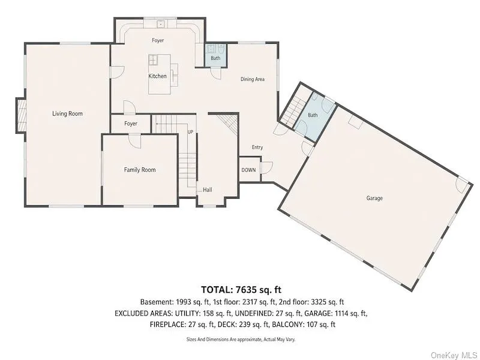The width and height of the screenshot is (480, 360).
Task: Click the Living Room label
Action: pos(67,113)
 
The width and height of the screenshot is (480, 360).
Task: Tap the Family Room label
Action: pos(140,170)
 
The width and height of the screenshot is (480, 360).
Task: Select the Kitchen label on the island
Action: pos(157,76)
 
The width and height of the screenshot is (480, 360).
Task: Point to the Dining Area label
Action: pos(252,79)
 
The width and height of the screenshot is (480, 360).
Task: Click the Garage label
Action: pos(374,198)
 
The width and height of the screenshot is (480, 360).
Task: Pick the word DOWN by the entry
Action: pos(248,170)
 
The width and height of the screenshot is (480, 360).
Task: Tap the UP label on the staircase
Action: pos(190,132)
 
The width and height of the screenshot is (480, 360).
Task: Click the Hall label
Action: pos(207,190)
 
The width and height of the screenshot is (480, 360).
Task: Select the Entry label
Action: pos(257,147)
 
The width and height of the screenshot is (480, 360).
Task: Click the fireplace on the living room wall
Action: pos(21,115)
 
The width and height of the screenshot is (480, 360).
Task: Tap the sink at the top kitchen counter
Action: pos(160,23)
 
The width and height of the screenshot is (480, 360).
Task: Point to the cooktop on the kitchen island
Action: pos(153,59)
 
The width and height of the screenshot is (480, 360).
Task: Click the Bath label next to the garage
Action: pos(313,115)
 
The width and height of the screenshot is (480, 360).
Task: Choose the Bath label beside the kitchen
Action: pos(215,58)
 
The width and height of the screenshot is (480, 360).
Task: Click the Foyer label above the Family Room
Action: pos(130,124)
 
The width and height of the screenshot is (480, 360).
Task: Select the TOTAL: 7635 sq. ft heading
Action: pos(241,289)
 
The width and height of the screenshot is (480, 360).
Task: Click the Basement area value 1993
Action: pos(184,302)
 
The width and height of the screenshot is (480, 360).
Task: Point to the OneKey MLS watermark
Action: pos(454,355)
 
